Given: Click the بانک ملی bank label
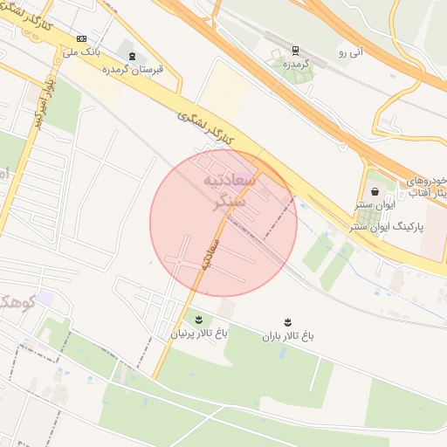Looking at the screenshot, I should tap(82, 52).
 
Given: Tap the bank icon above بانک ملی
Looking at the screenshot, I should tap(82, 38).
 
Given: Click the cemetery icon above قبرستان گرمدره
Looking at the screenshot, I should tap(132, 56).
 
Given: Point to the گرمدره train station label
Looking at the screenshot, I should tap(295, 64).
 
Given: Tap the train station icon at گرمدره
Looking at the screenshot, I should tap(295, 50).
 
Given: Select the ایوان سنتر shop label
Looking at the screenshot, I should tap(375, 205).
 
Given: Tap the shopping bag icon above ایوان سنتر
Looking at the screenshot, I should tap(375, 191).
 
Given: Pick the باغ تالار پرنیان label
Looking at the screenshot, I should tap(198, 333).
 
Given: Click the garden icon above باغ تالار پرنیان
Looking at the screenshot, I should tap(198, 320).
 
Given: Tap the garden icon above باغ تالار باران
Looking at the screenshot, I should tap(286, 321).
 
